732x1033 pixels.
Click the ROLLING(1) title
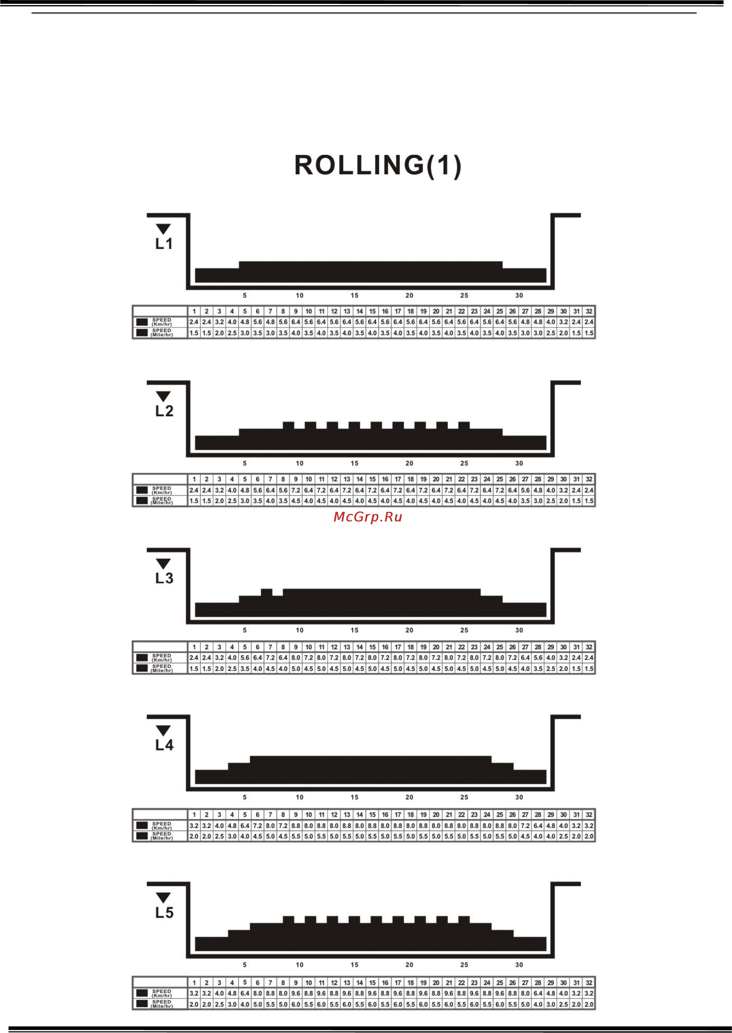(x=378, y=165)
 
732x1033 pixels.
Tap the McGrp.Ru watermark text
(x=367, y=517)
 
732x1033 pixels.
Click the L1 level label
(x=164, y=244)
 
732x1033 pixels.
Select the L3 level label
(x=164, y=578)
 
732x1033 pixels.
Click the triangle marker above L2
(x=163, y=397)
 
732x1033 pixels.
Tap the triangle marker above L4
(x=163, y=731)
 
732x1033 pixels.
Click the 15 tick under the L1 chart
(x=354, y=295)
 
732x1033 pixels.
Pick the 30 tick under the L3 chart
(x=519, y=630)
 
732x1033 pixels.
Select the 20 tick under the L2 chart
(x=409, y=463)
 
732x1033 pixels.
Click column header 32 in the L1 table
(x=589, y=311)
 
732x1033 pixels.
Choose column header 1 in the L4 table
(x=194, y=814)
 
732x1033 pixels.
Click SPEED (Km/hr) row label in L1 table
(x=162, y=322)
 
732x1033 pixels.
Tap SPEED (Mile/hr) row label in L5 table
(x=162, y=1004)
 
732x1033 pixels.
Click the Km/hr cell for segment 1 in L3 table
(x=194, y=658)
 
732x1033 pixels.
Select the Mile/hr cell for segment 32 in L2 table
(x=589, y=501)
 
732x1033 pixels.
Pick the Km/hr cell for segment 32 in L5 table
(x=589, y=994)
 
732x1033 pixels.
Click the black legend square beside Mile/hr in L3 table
(x=142, y=668)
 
